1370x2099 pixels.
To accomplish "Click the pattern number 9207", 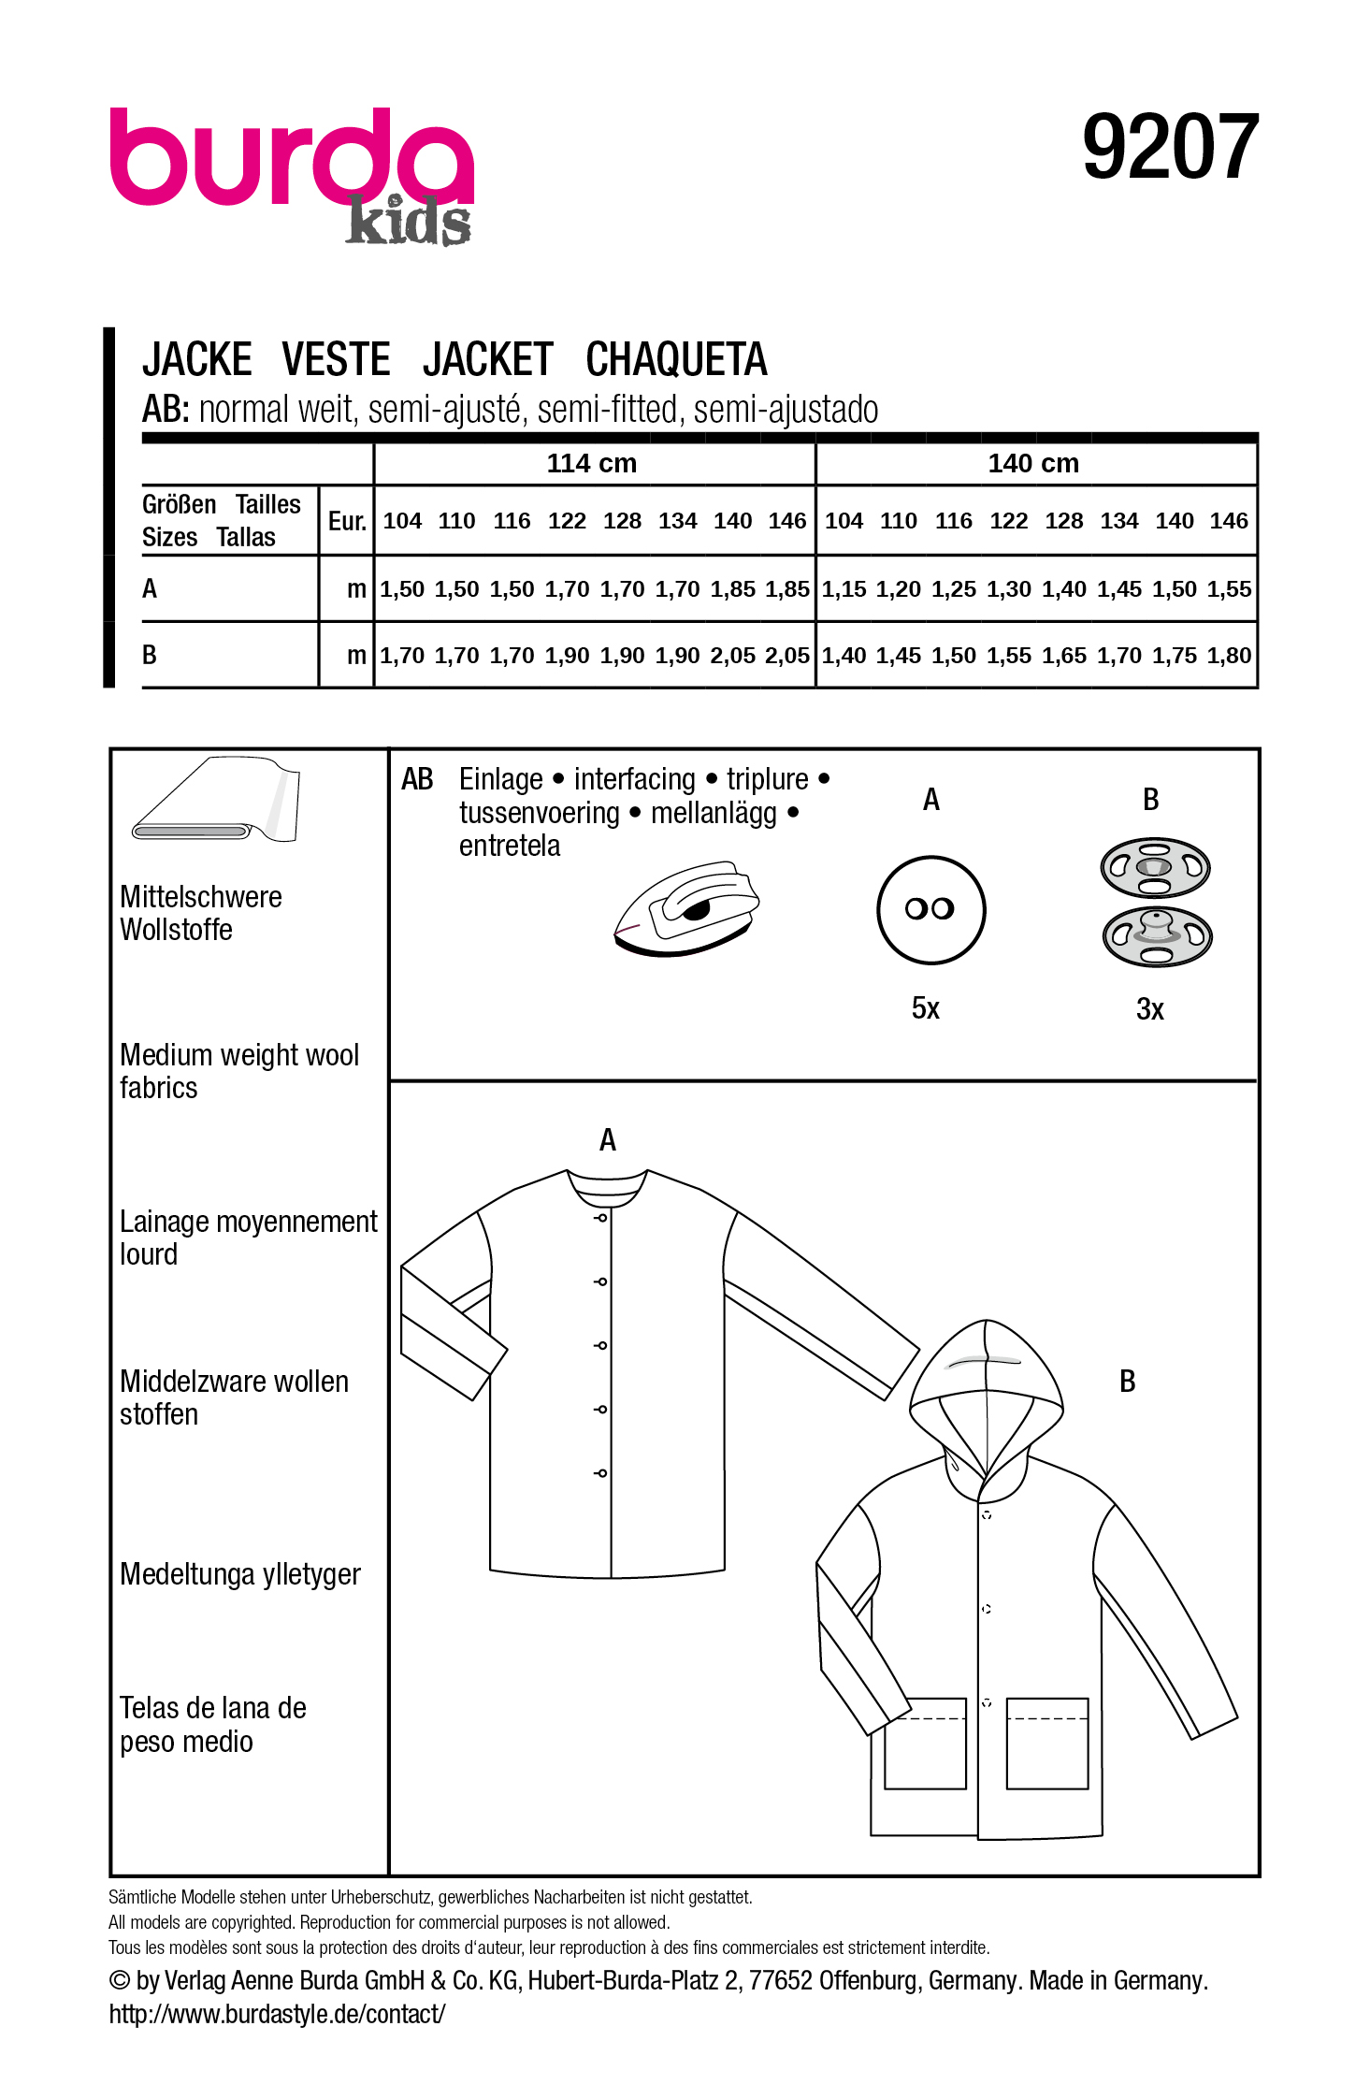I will click(x=1170, y=147).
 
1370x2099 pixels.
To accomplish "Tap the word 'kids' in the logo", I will click(x=408, y=223).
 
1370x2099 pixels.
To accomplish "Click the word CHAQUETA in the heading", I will click(x=676, y=359).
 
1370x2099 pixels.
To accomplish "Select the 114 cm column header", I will click(x=591, y=463).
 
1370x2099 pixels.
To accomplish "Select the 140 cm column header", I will click(x=1032, y=463).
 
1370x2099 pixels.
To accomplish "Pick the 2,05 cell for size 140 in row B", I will click(x=732, y=656).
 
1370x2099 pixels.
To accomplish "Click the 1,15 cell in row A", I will click(x=844, y=589).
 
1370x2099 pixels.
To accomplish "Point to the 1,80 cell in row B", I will click(x=1229, y=656).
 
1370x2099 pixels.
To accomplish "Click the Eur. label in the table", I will click(x=347, y=521).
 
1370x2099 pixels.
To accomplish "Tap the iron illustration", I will click(x=686, y=908).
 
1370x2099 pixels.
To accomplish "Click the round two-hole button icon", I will click(x=930, y=909).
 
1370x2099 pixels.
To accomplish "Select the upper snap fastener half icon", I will click(x=1155, y=867).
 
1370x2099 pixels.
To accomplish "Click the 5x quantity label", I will click(x=925, y=1008).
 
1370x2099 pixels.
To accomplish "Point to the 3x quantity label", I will click(x=1149, y=1009).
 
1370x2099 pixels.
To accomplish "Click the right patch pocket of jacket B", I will click(x=1047, y=1744).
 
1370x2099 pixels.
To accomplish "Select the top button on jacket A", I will click(x=601, y=1218).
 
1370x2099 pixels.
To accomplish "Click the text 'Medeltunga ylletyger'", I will click(x=239, y=1574).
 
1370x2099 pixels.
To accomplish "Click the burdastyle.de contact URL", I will click(x=277, y=2014).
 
